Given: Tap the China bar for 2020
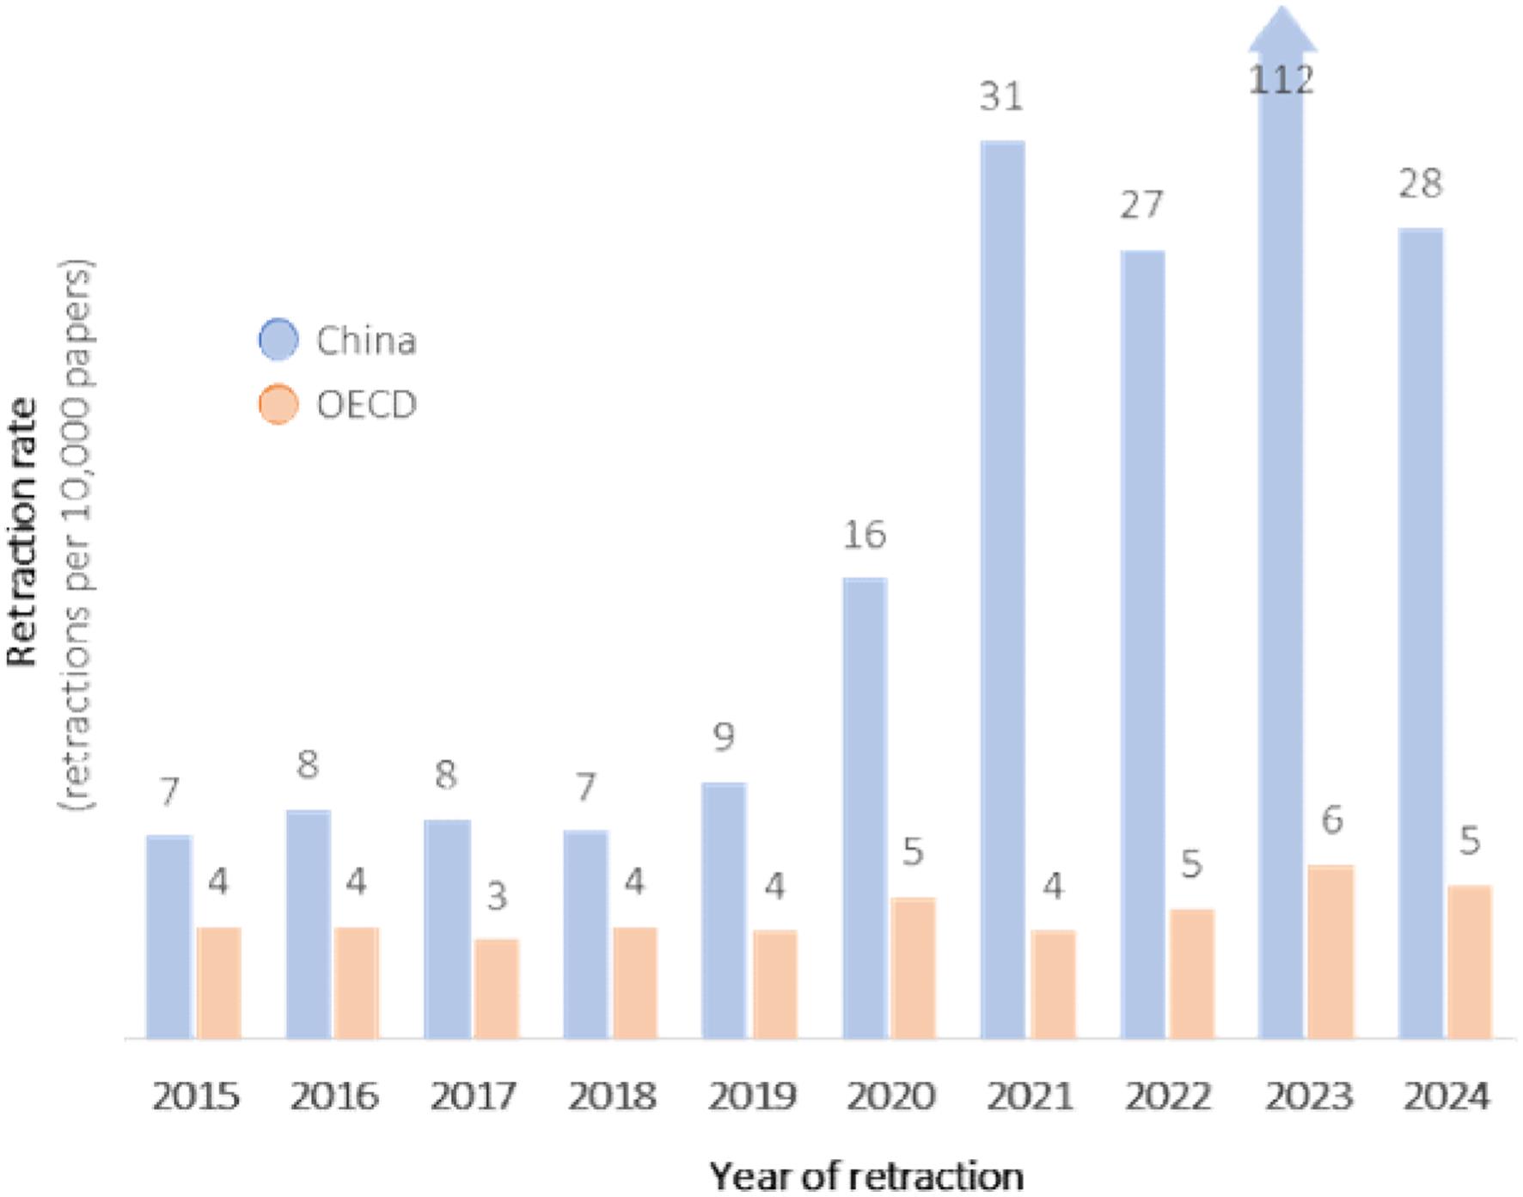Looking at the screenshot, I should click(x=864, y=808).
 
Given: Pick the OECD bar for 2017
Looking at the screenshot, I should click(x=497, y=988).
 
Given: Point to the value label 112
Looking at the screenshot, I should click(x=1281, y=81).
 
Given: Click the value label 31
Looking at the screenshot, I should click(x=1002, y=96).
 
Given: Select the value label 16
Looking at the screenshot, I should click(x=863, y=535).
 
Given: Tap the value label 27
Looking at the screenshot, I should click(x=1141, y=206).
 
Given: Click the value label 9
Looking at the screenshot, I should click(x=724, y=738).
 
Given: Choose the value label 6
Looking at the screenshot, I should click(x=1331, y=820).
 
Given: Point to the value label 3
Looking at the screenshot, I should click(x=497, y=897).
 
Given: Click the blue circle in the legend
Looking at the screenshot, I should click(x=278, y=339).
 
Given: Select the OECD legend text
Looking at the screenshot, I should click(x=366, y=404).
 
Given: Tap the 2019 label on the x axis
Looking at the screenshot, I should click(x=752, y=1096).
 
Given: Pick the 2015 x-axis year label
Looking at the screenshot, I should click(x=195, y=1096).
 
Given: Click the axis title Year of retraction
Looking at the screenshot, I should click(x=866, y=1175).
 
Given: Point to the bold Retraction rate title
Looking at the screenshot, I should click(x=24, y=533).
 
